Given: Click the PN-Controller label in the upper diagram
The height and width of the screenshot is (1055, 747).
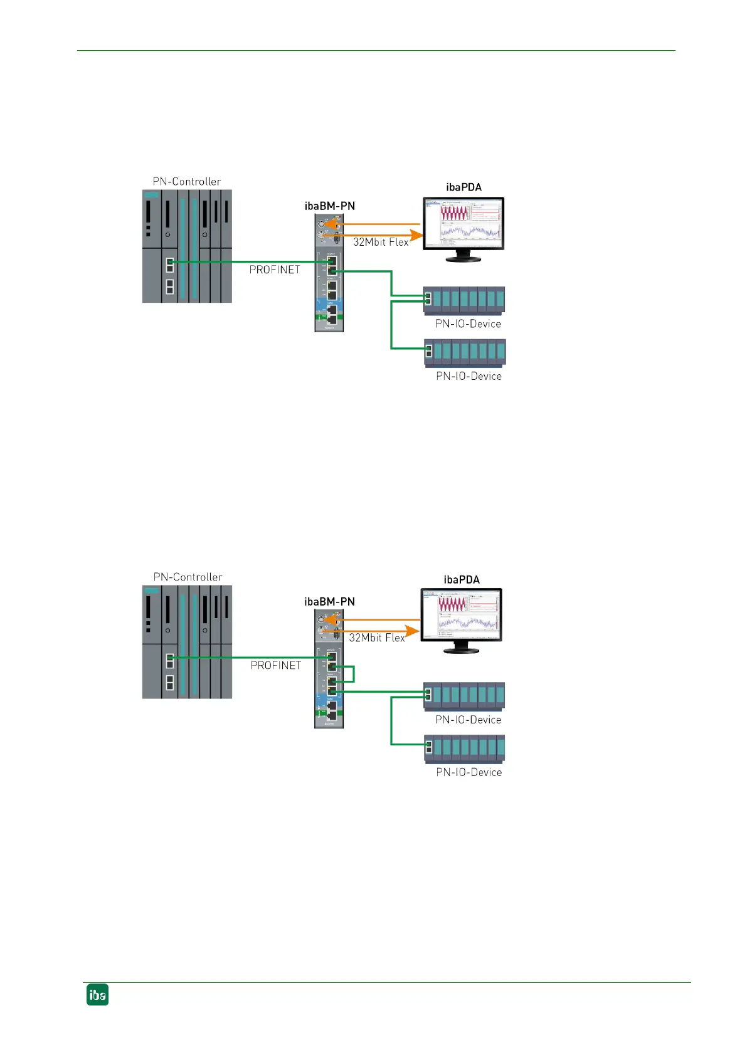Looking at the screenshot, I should click(187, 182).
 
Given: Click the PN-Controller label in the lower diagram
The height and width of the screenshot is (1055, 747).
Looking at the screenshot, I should click(188, 577).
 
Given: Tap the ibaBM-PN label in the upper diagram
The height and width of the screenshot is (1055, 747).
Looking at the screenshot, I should click(329, 206).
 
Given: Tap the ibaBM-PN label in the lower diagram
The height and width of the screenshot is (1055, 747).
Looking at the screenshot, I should click(329, 602).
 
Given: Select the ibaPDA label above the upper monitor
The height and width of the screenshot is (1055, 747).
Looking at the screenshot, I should click(464, 187).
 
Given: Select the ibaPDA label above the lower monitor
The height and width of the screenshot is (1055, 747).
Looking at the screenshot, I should click(462, 580).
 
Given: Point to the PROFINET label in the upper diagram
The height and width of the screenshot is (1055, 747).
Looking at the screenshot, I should click(275, 270).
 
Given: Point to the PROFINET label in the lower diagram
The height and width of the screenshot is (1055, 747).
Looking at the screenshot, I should click(276, 666).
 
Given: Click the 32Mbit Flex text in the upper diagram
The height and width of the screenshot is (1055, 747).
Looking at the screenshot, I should click(381, 242).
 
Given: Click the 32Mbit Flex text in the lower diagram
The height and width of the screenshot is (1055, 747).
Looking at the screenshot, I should click(377, 638).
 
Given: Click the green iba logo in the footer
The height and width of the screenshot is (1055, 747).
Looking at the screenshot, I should click(97, 995).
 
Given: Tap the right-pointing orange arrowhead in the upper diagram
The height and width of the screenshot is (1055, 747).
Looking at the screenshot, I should click(416, 236).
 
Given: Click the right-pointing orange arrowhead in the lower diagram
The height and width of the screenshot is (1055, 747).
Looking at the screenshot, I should click(412, 631).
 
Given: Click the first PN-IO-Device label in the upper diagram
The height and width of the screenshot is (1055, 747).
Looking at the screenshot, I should click(468, 324).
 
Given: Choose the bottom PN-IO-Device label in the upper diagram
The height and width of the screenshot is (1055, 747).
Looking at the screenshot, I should click(469, 376).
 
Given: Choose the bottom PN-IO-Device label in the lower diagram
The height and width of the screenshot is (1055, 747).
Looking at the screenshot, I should click(469, 772).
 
